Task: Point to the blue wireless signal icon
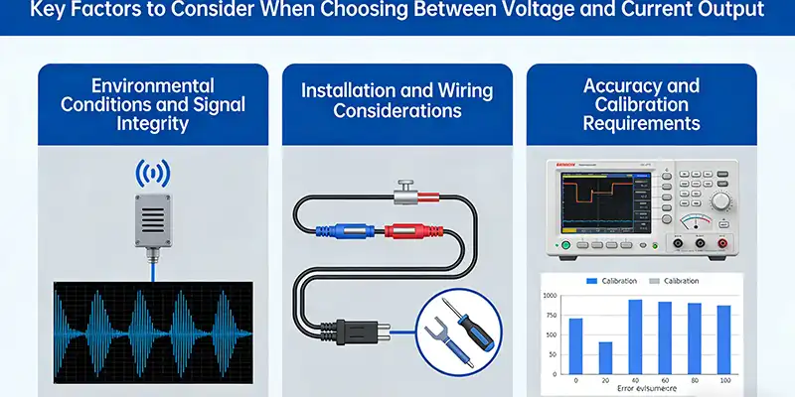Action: coord(151,175)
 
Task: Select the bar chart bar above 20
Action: coord(605,357)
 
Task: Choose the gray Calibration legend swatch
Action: coord(654,281)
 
